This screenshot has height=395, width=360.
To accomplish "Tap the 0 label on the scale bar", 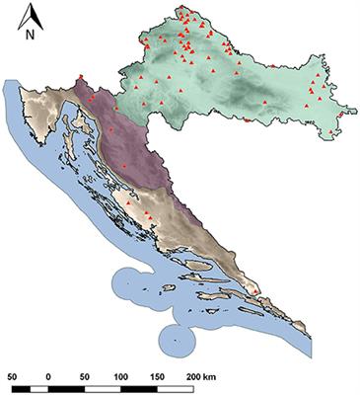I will [49, 375].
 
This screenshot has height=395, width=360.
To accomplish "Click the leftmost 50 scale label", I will [12, 375].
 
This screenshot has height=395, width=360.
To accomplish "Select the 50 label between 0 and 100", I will [85, 375].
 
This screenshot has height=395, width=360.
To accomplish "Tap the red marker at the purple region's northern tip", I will [80, 77].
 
